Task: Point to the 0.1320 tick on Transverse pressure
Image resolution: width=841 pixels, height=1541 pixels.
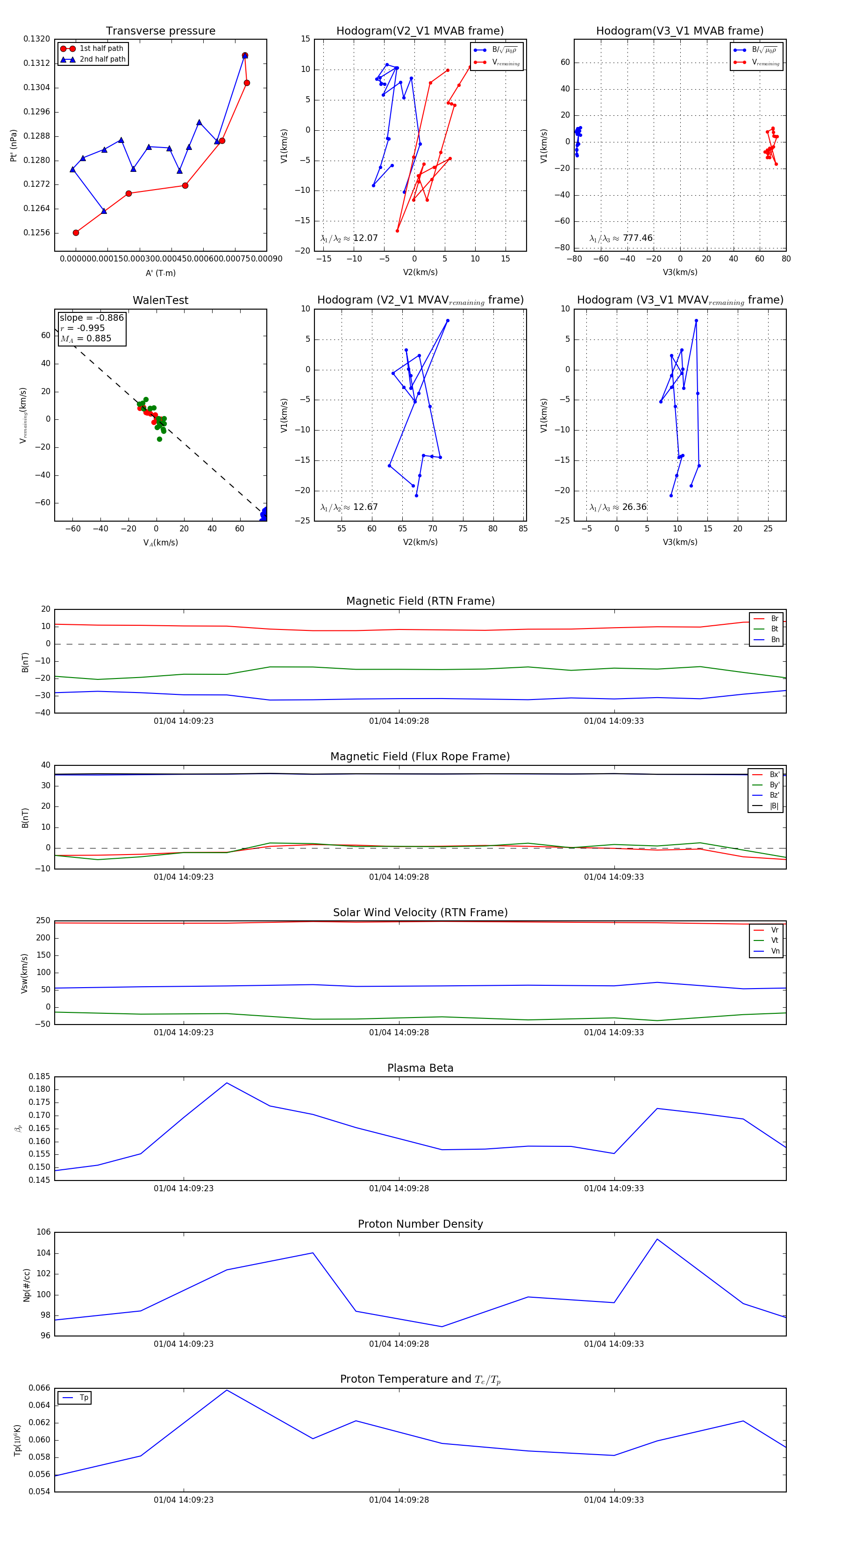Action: point(36,39)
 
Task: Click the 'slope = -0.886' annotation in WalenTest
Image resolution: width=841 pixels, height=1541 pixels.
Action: point(92,318)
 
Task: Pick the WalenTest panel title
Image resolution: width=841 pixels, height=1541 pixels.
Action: point(160,300)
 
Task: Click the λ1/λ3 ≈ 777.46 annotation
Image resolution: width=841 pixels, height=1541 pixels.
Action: point(621,238)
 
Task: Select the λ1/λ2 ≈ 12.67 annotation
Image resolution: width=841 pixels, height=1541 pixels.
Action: point(349,507)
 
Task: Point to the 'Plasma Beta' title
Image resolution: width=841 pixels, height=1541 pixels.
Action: point(420,1068)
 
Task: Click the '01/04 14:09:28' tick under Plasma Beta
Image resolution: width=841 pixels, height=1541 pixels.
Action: point(399,1188)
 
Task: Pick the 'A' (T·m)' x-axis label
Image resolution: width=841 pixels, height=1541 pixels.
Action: point(160,273)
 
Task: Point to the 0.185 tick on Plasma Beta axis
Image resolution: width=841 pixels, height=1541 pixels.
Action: point(40,1077)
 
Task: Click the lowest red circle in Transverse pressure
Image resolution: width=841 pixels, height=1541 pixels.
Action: point(76,233)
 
